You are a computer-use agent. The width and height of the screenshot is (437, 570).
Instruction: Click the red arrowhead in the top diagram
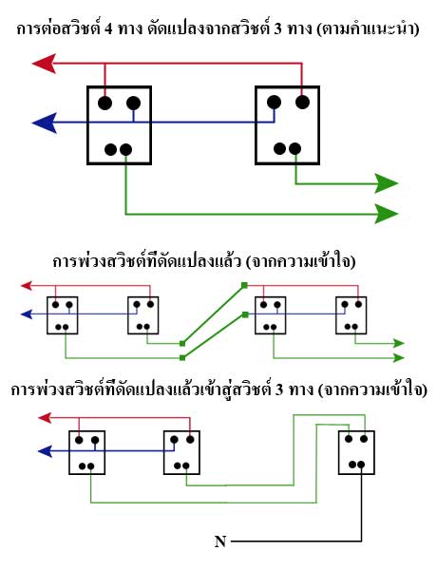coord(45,64)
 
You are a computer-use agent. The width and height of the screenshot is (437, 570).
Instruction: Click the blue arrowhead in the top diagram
coord(45,123)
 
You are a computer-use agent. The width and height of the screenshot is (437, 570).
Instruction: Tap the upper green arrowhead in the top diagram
coord(387,183)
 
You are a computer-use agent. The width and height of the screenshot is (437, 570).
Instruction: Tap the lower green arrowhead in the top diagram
coord(387,214)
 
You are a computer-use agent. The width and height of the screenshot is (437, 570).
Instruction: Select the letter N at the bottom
coord(220,541)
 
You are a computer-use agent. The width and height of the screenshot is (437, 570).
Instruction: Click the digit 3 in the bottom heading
coord(279,389)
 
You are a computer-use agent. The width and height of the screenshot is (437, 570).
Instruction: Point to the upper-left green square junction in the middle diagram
coord(245,286)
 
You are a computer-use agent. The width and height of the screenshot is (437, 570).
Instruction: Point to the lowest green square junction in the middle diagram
coord(182,358)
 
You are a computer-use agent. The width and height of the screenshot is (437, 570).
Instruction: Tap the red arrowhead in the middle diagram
coord(27,286)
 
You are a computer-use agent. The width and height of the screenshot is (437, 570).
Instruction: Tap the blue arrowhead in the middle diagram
coord(27,314)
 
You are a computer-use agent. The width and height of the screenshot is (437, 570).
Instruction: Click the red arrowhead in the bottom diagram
coord(45,418)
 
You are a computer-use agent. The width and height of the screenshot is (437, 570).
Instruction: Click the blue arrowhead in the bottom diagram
coord(45,451)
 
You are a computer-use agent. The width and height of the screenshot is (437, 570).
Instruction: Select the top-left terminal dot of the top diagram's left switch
coord(104,103)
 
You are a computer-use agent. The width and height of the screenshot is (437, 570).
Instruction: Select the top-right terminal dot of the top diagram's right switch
coord(302,102)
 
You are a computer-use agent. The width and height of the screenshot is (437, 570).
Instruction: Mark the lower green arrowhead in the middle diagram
coord(398,358)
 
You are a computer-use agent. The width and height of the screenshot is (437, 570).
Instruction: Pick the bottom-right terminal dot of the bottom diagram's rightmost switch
coord(361,465)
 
